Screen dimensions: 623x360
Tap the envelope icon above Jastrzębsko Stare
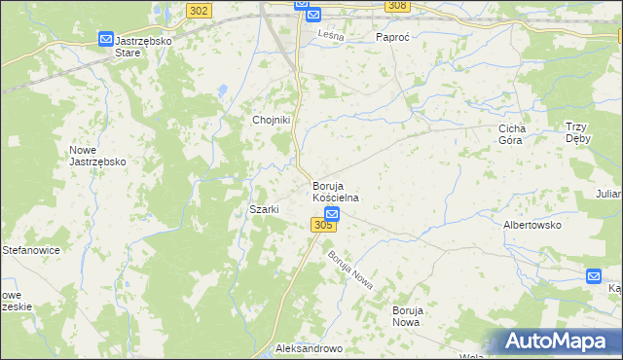coord(105,39)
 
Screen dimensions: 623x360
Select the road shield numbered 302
coord(198,10)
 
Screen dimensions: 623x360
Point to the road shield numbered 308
coord(396,6)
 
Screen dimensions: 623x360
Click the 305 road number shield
coord(324,226)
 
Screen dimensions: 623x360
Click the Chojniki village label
coord(273,120)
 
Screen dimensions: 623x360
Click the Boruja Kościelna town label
coord(336,191)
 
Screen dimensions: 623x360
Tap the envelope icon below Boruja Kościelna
coord(332,213)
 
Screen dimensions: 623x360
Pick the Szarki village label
coord(265,209)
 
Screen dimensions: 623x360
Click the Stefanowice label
coord(31,250)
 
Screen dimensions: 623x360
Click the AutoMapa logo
coord(558,342)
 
